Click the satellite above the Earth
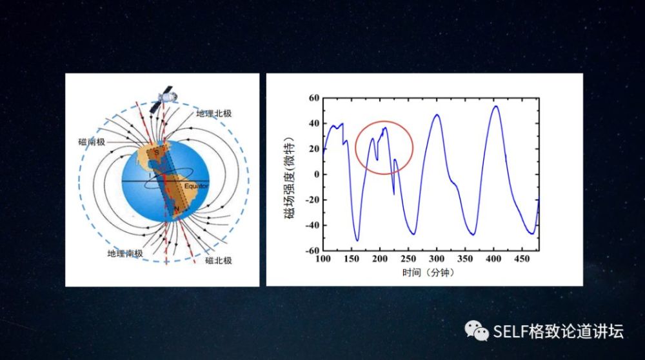[163, 99]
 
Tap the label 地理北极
[213, 114]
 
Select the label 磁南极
[92, 142]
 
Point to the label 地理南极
[125, 254]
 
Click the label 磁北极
[219, 261]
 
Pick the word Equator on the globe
[196, 186]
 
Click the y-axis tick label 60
[314, 98]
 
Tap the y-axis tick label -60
[312, 250]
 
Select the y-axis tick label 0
[317, 174]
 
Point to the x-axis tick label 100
[323, 259]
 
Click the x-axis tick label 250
[408, 259]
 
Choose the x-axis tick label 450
[522, 259]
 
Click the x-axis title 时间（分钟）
[428, 272]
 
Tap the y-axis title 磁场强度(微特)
[290, 177]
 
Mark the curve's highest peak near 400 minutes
[495, 106]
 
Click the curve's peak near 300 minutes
[437, 115]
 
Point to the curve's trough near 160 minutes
[357, 240]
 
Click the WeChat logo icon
[477, 331]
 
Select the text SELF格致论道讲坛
[558, 331]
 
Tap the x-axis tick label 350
[465, 259]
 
